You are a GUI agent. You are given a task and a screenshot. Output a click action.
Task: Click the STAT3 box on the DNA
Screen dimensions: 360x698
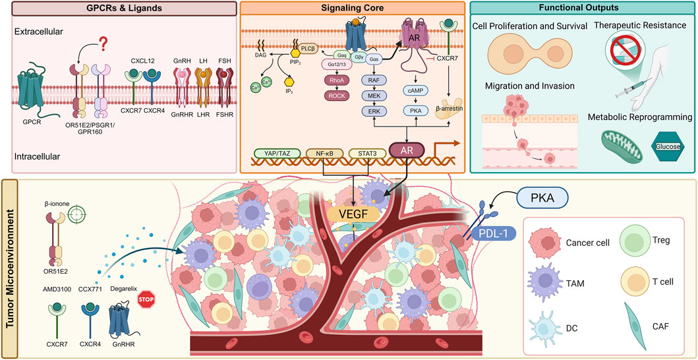368,153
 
